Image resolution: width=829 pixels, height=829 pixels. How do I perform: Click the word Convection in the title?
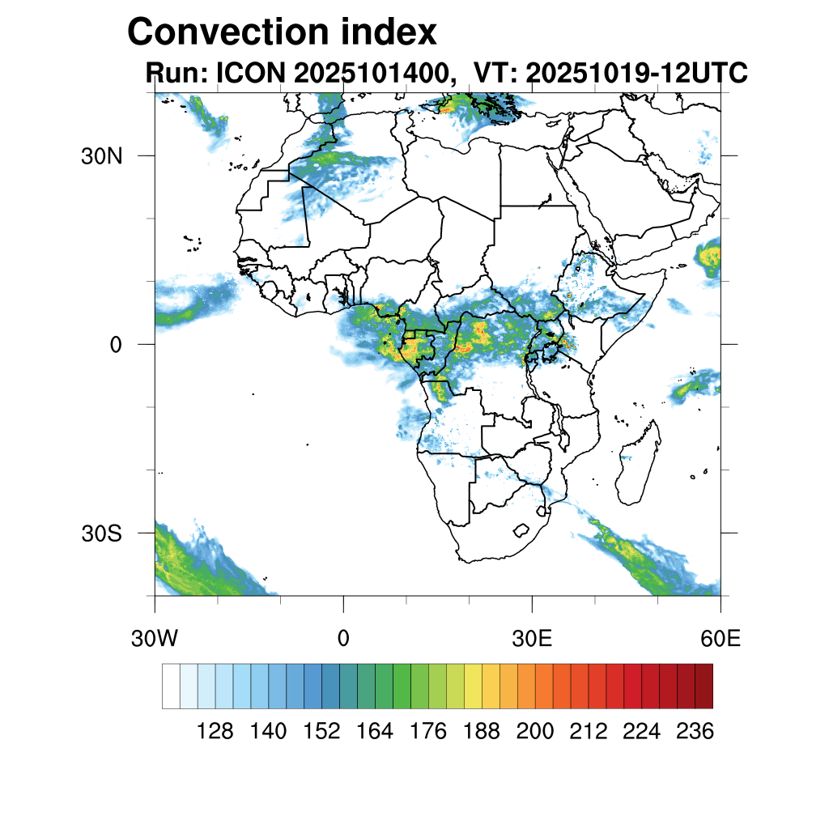click(225, 33)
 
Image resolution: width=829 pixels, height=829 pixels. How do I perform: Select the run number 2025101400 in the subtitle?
click(372, 74)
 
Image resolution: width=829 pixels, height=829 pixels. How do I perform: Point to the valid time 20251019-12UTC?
click(636, 74)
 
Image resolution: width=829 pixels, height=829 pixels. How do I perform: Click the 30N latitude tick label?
click(100, 156)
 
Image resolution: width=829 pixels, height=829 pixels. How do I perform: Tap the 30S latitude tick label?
click(100, 534)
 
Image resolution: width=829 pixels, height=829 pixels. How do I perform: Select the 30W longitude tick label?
click(154, 639)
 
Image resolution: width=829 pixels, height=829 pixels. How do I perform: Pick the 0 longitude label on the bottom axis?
click(343, 639)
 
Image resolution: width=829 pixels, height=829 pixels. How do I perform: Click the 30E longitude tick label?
click(532, 639)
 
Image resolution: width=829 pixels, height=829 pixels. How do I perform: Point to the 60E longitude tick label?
click(721, 639)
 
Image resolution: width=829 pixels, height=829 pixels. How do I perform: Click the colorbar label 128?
click(215, 732)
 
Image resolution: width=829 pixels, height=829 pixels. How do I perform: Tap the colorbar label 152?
click(321, 732)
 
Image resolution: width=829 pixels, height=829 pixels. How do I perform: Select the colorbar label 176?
click(428, 732)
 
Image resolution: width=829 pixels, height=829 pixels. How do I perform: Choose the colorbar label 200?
click(535, 732)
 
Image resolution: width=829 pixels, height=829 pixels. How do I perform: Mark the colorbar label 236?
click(695, 732)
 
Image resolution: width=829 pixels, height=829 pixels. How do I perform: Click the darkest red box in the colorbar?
click(704, 687)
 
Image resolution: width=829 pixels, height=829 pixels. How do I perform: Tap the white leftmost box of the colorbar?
click(171, 687)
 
